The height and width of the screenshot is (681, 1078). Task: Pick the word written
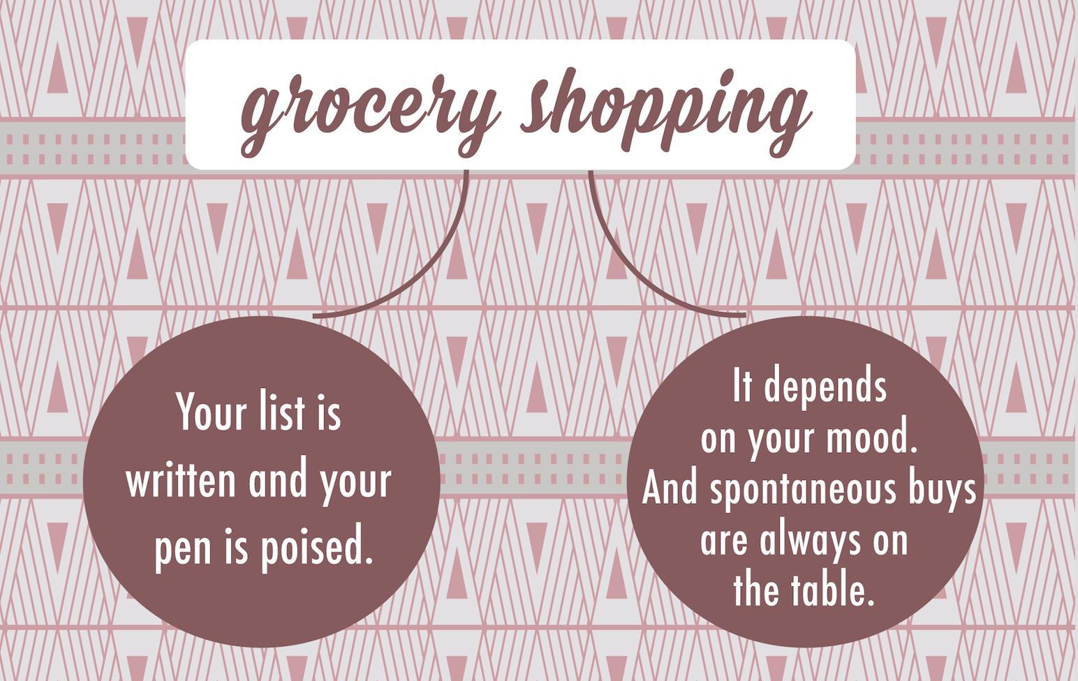(180, 481)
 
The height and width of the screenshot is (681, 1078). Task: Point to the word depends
(825, 388)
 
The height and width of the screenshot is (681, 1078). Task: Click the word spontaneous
(802, 490)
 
